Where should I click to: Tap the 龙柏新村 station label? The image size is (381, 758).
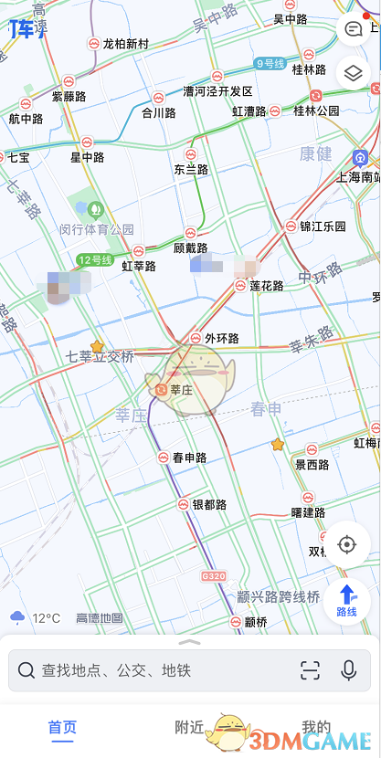(125, 43)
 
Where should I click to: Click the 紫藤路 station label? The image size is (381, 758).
(69, 96)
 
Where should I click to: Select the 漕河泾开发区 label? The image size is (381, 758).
(217, 91)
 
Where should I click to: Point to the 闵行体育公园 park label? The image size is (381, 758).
(97, 229)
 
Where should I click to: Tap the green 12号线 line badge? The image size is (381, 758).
(94, 259)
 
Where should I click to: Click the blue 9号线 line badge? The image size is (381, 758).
(271, 63)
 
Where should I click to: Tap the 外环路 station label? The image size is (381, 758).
(221, 338)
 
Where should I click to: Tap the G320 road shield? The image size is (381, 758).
(213, 576)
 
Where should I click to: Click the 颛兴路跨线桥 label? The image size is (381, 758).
(279, 596)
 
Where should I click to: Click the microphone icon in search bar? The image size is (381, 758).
(348, 670)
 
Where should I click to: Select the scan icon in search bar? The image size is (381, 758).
(310, 670)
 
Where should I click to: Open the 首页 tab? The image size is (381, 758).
(62, 728)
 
